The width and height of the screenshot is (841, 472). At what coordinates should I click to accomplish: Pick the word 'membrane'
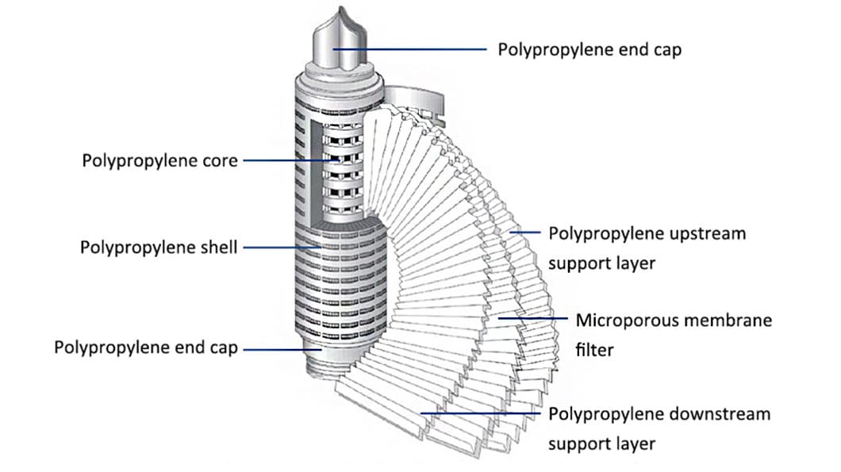coord(732,320)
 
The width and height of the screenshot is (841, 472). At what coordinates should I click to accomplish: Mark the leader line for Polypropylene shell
coord(282,248)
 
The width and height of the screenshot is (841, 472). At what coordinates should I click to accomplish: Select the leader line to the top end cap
coord(413,49)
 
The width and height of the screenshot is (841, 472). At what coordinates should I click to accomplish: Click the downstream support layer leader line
coord(484,413)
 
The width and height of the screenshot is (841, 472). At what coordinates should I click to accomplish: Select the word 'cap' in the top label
coord(666,49)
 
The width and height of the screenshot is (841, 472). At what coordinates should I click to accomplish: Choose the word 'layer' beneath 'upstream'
coord(633,262)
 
